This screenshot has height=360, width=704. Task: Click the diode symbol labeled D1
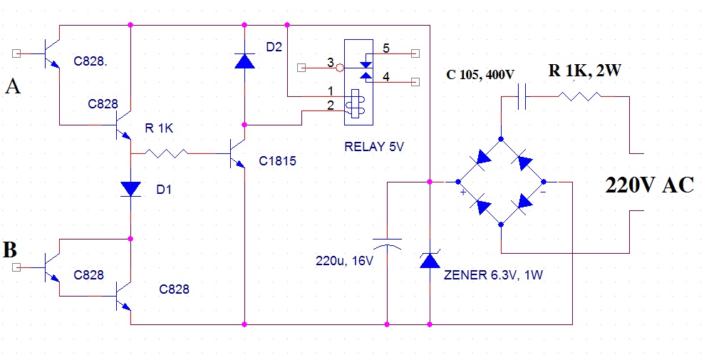[130, 189]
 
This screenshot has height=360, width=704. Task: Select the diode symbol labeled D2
[244, 61]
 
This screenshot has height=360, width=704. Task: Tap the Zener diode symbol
[430, 260]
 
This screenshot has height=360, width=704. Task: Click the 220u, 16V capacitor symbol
[387, 244]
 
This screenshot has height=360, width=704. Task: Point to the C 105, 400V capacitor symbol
[522, 97]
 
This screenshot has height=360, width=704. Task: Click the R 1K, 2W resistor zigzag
[579, 96]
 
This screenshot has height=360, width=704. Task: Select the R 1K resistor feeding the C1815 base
[166, 154]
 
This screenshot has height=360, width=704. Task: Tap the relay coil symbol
[358, 104]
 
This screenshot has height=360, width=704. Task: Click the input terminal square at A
[16, 53]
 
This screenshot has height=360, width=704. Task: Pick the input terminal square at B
[16, 267]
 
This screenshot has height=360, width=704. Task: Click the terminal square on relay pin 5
[415, 53]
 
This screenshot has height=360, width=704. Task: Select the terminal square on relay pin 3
[301, 68]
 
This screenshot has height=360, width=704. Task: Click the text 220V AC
[650, 185]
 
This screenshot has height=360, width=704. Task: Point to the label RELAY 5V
[375, 147]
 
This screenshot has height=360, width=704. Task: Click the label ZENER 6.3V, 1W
[493, 274]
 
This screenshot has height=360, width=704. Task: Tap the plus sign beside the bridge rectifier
[463, 192]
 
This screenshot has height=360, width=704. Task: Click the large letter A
[13, 86]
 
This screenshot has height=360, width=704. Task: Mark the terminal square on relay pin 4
[415, 82]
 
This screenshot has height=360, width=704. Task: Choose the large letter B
[10, 250]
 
